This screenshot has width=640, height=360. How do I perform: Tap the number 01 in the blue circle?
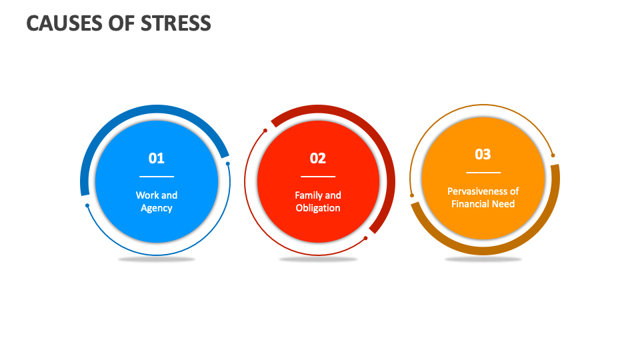(156, 158)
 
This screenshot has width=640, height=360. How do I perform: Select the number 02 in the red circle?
(318, 158)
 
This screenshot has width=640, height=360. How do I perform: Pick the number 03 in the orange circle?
(483, 154)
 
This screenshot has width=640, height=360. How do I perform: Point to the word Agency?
(157, 208)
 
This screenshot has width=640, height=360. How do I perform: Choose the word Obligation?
(318, 208)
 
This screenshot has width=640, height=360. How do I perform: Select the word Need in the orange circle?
(503, 204)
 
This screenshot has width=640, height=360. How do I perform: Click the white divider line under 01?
(157, 177)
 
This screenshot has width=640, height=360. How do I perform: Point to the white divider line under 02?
(318, 177)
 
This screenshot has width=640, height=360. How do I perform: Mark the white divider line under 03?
(483, 173)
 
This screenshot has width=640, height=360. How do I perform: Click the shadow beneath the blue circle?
(157, 259)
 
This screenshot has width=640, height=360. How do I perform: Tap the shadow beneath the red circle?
(318, 259)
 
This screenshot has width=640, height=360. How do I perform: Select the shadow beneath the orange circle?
(483, 259)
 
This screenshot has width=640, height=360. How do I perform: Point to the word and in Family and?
(333, 195)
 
